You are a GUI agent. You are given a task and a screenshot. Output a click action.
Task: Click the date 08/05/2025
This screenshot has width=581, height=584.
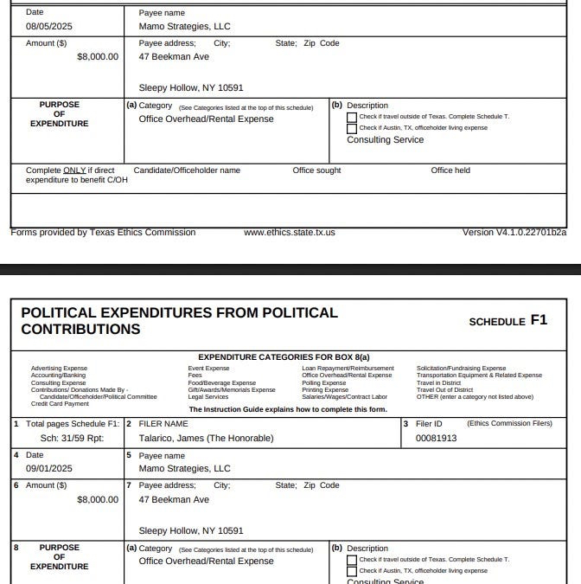click(x=49, y=27)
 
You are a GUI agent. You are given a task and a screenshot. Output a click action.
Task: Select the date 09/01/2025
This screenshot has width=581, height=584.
click(x=49, y=469)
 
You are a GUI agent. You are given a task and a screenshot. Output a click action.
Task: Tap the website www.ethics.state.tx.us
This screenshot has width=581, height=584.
click(x=290, y=233)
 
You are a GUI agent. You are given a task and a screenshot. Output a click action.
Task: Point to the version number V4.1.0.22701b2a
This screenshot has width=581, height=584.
click(x=514, y=233)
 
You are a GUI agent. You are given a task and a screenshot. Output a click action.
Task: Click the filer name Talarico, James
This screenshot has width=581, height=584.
click(x=206, y=439)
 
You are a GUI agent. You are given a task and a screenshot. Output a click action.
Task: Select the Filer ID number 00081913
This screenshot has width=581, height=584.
click(x=436, y=439)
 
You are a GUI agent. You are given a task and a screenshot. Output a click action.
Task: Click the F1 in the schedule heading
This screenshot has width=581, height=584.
click(x=539, y=320)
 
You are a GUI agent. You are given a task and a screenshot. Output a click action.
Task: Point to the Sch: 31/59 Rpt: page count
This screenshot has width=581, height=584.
click(x=67, y=439)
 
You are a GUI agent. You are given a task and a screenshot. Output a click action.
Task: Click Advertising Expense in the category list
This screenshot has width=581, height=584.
click(x=59, y=369)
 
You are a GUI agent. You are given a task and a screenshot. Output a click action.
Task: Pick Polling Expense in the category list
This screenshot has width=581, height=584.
click(x=324, y=382)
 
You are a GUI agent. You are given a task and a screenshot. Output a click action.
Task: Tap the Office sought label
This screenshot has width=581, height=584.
click(x=316, y=170)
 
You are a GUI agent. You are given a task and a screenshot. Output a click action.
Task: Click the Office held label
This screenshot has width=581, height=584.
click(x=450, y=170)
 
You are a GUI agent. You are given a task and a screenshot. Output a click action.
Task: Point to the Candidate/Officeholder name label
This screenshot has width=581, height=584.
click(x=187, y=170)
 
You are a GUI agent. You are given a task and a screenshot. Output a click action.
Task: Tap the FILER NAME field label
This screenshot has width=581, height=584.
click(x=163, y=424)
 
